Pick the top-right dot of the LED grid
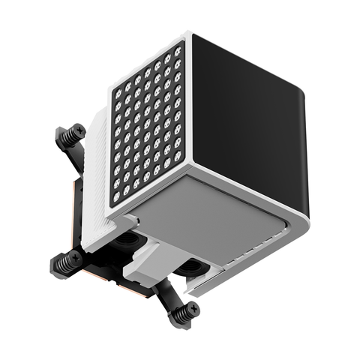coord(178,52)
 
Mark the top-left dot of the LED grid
coord(118,94)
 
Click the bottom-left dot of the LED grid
coord(116,197)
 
